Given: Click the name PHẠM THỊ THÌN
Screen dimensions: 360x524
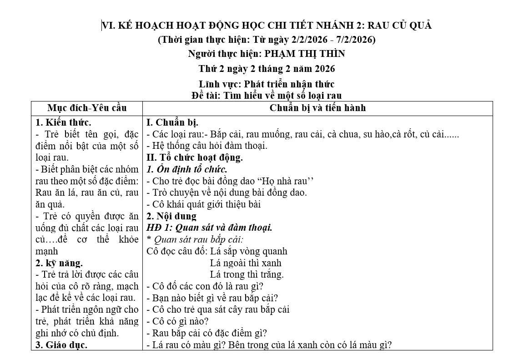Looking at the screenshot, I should [x=304, y=54].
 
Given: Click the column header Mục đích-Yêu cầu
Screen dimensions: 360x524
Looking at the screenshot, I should [x=87, y=108].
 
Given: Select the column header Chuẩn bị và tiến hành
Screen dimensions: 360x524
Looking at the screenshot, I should [x=317, y=108].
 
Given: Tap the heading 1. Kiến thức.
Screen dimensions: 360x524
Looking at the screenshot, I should [x=63, y=122].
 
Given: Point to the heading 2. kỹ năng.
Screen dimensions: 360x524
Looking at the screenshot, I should [x=59, y=263].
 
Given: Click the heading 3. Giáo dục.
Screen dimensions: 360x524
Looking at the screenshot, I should [x=61, y=345].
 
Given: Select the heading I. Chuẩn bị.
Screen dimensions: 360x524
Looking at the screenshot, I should [x=172, y=122].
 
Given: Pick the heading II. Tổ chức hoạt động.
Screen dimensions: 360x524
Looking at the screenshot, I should [x=195, y=157].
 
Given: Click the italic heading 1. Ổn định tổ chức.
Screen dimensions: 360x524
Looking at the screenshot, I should [x=187, y=169].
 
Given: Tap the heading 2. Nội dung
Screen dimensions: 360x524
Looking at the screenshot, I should [x=171, y=216].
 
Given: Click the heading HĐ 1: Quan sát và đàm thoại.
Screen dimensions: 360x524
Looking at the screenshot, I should [x=210, y=228].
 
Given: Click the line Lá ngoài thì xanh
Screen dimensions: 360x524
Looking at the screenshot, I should [x=246, y=263].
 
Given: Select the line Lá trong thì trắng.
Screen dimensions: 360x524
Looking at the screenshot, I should [x=247, y=274].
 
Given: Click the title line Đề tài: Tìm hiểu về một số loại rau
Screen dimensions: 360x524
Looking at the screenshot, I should [x=267, y=95].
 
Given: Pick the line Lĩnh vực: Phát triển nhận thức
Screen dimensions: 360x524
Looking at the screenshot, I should [x=267, y=84].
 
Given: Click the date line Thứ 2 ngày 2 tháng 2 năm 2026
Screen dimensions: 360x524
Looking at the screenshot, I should [x=267, y=69].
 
